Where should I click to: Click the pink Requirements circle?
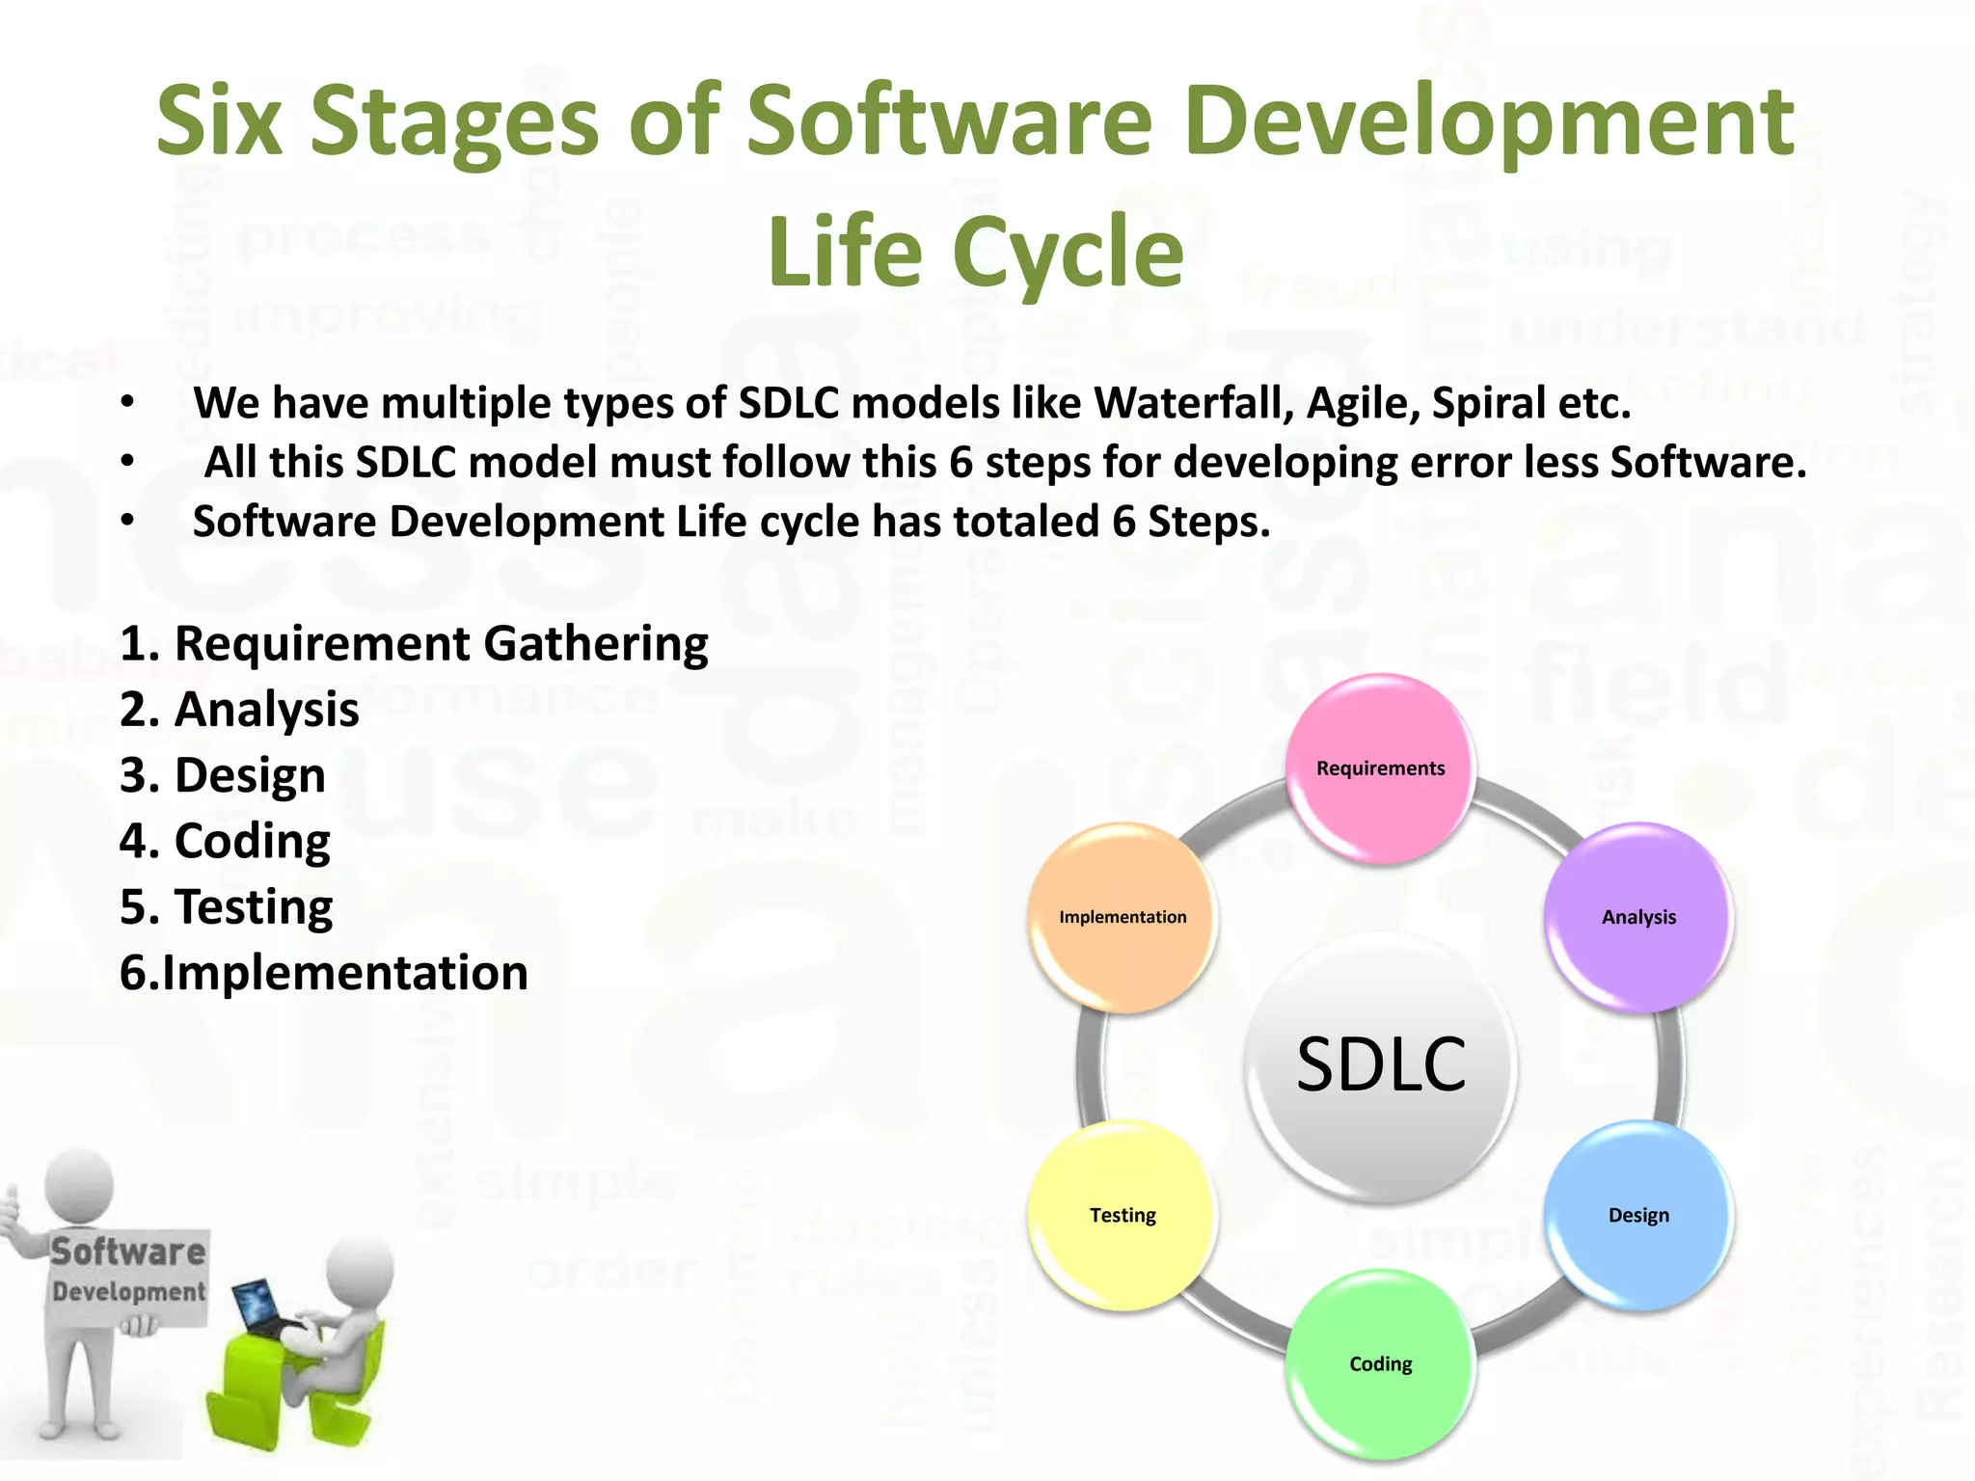[1380, 768]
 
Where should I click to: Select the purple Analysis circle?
[1637, 917]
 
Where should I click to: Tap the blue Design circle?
[1637, 1215]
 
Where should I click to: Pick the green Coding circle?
[1380, 1363]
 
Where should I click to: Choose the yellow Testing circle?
[1123, 1215]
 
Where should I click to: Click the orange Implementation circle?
[1123, 917]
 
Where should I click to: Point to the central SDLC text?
[1380, 1064]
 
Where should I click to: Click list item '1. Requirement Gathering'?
[414, 644]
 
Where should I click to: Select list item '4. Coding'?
[225, 841]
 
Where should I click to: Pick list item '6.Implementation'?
[324, 972]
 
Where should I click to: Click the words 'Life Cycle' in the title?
[975, 253]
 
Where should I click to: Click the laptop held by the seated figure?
[260, 1308]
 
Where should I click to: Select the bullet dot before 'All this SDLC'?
[127, 462]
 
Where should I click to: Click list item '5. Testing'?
[227, 906]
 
